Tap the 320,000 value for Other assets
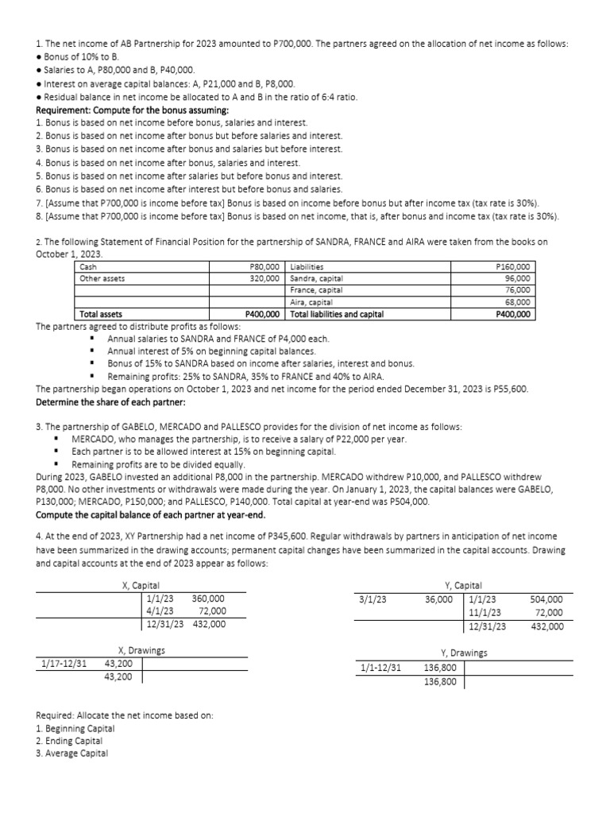265,279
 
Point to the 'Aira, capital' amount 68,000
517,302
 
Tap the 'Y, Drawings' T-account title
464,653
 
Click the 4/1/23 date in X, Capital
161,611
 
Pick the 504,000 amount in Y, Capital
546,599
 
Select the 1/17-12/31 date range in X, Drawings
64,664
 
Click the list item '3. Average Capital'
72,754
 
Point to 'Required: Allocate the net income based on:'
125,715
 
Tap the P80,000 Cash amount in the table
264,267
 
